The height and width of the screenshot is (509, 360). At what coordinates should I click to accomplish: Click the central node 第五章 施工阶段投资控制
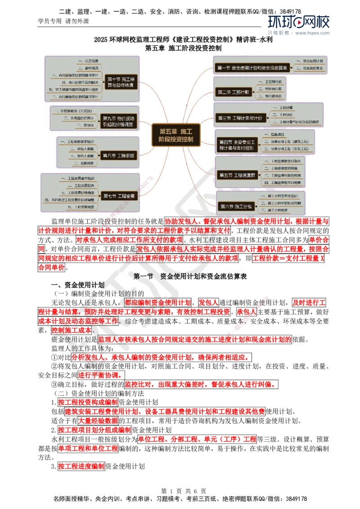[x=175, y=135]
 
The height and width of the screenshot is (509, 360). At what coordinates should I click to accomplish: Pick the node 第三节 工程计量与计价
[x=240, y=118]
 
